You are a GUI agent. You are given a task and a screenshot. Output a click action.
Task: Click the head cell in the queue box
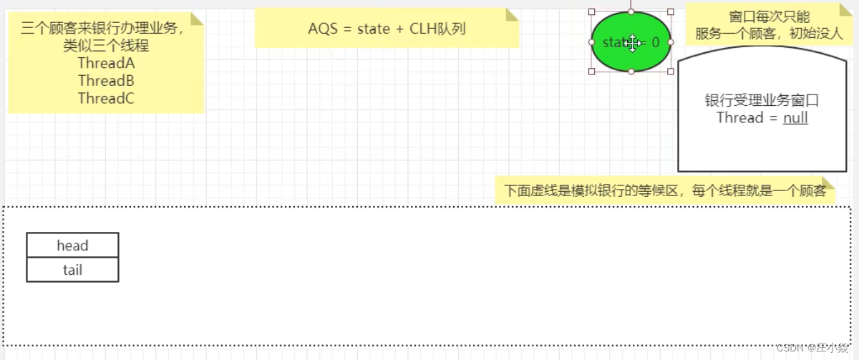pyautogui.click(x=72, y=245)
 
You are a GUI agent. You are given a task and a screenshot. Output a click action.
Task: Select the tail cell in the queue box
pyautogui.click(x=72, y=270)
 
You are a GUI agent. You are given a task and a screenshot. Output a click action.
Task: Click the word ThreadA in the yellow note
pyautogui.click(x=106, y=63)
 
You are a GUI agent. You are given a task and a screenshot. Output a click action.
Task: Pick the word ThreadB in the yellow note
pyautogui.click(x=106, y=81)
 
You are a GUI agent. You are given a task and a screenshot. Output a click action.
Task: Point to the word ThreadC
pyautogui.click(x=106, y=99)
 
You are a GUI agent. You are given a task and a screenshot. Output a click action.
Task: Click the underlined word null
pyautogui.click(x=795, y=118)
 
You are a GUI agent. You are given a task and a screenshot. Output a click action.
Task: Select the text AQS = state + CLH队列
pyautogui.click(x=387, y=29)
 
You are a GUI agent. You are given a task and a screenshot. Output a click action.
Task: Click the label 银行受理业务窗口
pyautogui.click(x=762, y=100)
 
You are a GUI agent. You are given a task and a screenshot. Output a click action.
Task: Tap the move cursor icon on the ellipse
pyautogui.click(x=632, y=43)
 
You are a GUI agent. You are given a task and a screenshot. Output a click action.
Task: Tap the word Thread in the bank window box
pyautogui.click(x=740, y=118)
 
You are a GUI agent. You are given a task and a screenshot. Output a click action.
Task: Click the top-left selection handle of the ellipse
pyautogui.click(x=591, y=12)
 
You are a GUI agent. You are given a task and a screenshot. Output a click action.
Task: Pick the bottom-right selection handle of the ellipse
pyautogui.click(x=671, y=72)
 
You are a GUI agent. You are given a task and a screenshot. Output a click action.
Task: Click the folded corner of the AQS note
pyautogui.click(x=512, y=14)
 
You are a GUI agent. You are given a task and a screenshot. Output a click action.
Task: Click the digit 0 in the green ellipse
pyautogui.click(x=655, y=43)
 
